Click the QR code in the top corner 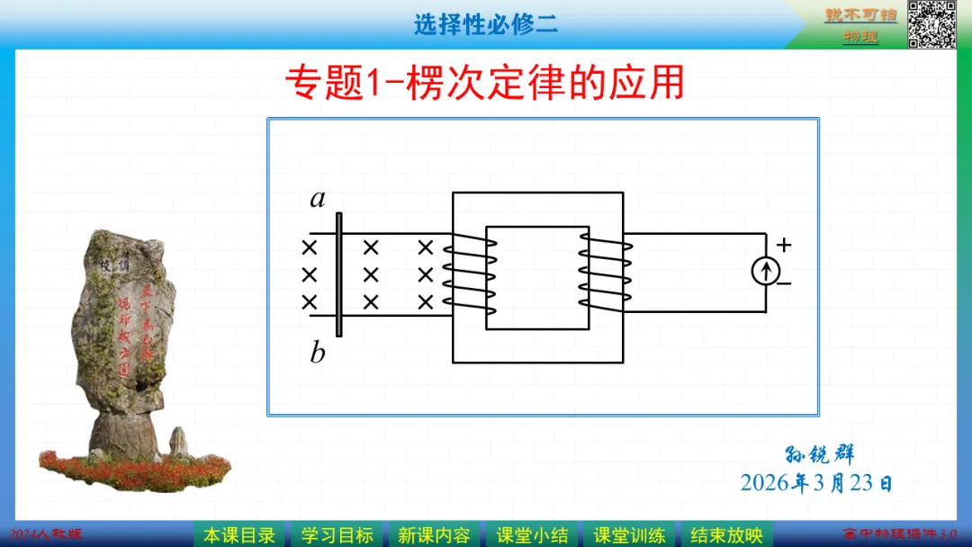tap(931, 23)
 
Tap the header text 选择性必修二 tap(486, 24)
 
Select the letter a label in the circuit tap(318, 199)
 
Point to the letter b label tap(318, 353)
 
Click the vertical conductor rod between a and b tap(338, 274)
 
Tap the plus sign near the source tap(784, 245)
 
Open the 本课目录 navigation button tap(239, 535)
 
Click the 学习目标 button tap(337, 535)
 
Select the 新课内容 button tap(434, 535)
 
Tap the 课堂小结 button tap(532, 535)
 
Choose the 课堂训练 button tap(629, 535)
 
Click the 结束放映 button tap(726, 535)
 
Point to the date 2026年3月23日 tap(816, 483)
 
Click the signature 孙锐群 tap(820, 455)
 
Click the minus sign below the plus tap(784, 283)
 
